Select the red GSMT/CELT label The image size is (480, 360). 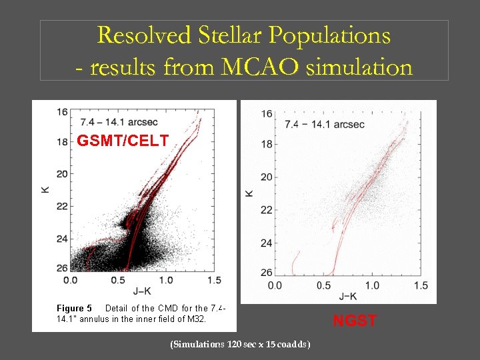pyautogui.click(x=123, y=141)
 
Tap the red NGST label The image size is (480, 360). pyautogui.click(x=355, y=321)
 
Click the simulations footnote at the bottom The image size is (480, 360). pyautogui.click(x=240, y=344)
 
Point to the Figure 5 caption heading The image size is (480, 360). pyautogui.click(x=74, y=309)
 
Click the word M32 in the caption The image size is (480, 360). pyautogui.click(x=196, y=319)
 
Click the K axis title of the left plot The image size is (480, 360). pyautogui.click(x=45, y=190)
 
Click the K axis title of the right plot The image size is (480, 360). pyautogui.click(x=248, y=193)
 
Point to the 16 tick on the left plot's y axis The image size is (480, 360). pyautogui.click(x=62, y=111)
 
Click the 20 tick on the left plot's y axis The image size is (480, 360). pyautogui.click(x=62, y=174)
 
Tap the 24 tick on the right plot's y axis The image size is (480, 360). pyautogui.click(x=266, y=243)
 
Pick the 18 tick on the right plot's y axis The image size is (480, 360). pyautogui.click(x=266, y=145)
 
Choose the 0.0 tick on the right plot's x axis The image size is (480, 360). pyautogui.click(x=274, y=285)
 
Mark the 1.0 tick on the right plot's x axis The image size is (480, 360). pyautogui.click(x=371, y=285)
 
